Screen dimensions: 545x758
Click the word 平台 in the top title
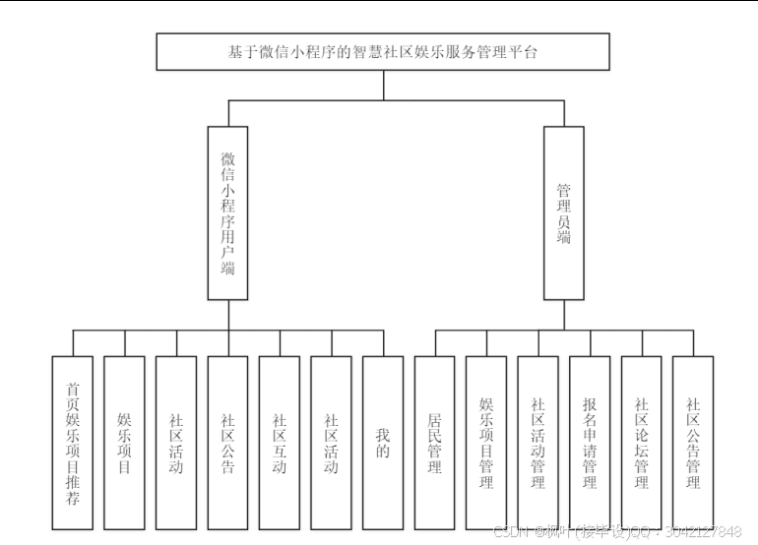[x=529, y=52]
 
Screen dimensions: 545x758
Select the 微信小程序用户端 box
[x=227, y=212]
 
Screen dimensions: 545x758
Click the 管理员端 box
[x=564, y=212]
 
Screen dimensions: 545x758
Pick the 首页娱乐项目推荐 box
[x=73, y=443]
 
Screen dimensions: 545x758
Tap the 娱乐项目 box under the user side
[x=124, y=443]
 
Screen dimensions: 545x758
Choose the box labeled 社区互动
[x=280, y=443]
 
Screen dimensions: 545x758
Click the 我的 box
[x=383, y=443]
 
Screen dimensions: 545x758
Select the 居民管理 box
[x=435, y=443]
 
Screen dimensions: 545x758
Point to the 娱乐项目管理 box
[x=486, y=443]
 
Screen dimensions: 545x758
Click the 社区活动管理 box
[x=538, y=443]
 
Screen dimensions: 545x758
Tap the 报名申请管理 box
[x=590, y=443]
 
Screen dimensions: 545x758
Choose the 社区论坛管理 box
[x=642, y=443]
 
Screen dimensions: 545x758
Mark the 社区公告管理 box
[x=693, y=443]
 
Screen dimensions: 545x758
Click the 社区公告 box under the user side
[x=227, y=443]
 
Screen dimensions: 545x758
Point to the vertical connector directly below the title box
[x=383, y=85]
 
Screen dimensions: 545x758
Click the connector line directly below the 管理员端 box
[x=564, y=314]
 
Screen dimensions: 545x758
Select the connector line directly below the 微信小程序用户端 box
[x=227, y=314]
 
